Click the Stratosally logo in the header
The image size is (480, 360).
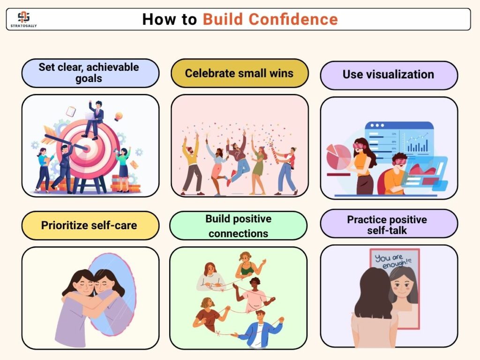click(23, 19)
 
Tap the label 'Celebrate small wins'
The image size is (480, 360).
click(240, 73)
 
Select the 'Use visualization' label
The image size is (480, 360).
click(389, 75)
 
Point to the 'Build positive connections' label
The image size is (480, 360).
click(238, 225)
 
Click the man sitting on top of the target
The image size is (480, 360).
click(94, 120)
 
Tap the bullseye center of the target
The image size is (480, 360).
click(87, 149)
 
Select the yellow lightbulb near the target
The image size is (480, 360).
click(119, 117)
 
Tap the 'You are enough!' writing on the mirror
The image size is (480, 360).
click(393, 261)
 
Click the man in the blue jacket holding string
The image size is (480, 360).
click(260, 329)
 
